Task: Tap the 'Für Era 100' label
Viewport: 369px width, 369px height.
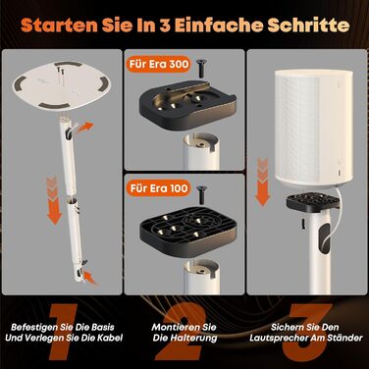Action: coord(158,188)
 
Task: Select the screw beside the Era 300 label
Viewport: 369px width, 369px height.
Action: coord(200,68)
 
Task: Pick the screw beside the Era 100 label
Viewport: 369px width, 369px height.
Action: coord(201,193)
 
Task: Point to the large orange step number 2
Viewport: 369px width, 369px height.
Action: coord(181,332)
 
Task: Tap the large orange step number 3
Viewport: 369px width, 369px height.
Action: coord(307,331)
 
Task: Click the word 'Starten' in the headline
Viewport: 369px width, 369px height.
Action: coord(59,26)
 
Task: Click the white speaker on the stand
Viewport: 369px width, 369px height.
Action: coord(309,129)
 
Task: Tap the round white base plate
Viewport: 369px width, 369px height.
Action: coord(62,86)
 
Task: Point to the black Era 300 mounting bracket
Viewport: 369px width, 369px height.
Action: coord(187,104)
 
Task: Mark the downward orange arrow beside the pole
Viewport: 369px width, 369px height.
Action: coord(54,200)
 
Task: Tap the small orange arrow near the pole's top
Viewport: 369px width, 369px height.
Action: coord(85,128)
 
